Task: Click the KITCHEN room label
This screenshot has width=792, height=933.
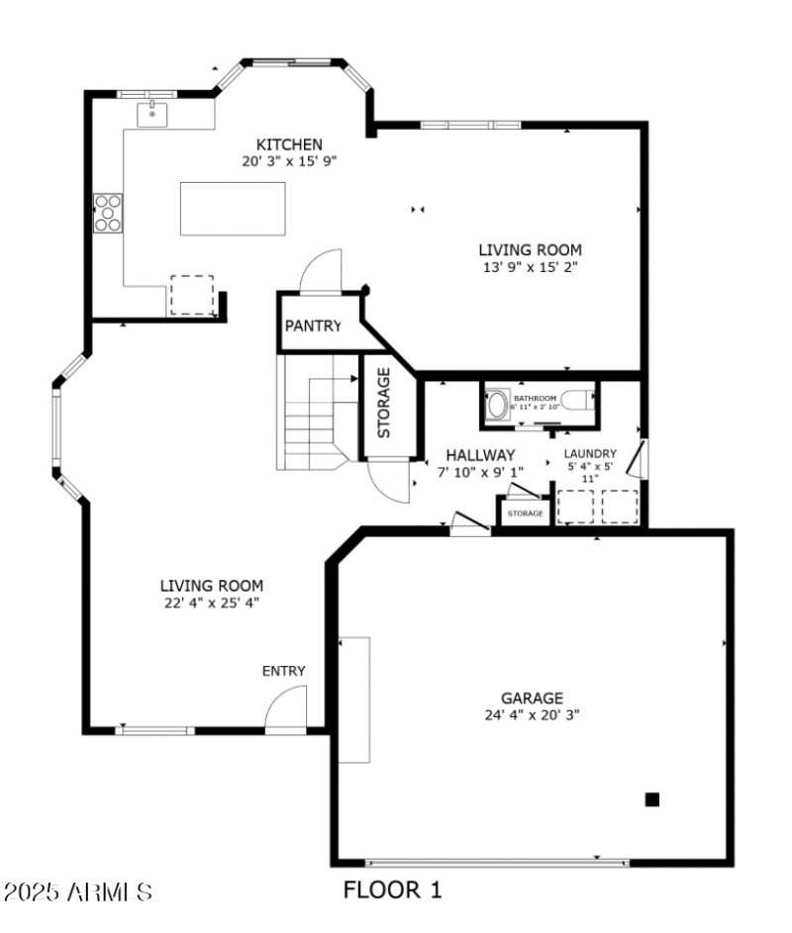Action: (x=289, y=144)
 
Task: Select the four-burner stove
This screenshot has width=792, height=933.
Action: (x=108, y=212)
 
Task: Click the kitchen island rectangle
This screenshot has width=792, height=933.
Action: (x=233, y=209)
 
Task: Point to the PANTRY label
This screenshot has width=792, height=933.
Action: (x=313, y=326)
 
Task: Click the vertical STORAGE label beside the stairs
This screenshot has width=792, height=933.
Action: (x=383, y=403)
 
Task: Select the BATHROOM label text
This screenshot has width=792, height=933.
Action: (x=535, y=398)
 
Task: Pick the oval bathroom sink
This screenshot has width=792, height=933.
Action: (x=496, y=405)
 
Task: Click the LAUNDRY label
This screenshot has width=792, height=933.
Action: (x=591, y=454)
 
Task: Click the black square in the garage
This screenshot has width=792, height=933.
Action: (x=652, y=799)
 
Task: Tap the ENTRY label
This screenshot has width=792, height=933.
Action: (x=283, y=671)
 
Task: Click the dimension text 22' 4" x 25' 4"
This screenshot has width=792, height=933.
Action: (x=212, y=602)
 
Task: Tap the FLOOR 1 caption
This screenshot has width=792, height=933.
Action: (x=392, y=889)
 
